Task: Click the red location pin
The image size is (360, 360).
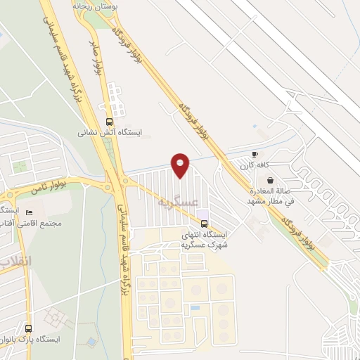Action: tap(180, 165)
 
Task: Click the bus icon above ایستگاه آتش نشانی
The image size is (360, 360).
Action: tap(108, 120)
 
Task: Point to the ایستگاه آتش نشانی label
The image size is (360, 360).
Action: tap(109, 131)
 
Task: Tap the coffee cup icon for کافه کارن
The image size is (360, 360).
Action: tap(255, 155)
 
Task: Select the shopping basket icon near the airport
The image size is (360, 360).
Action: tap(271, 180)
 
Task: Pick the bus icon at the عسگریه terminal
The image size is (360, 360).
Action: tap(204, 224)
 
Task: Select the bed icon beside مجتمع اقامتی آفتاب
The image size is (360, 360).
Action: tap(29, 212)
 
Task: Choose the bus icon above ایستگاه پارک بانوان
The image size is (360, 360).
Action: tap(28, 328)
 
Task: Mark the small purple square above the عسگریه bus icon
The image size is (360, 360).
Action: tap(203, 214)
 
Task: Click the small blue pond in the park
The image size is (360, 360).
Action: tap(92, 342)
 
